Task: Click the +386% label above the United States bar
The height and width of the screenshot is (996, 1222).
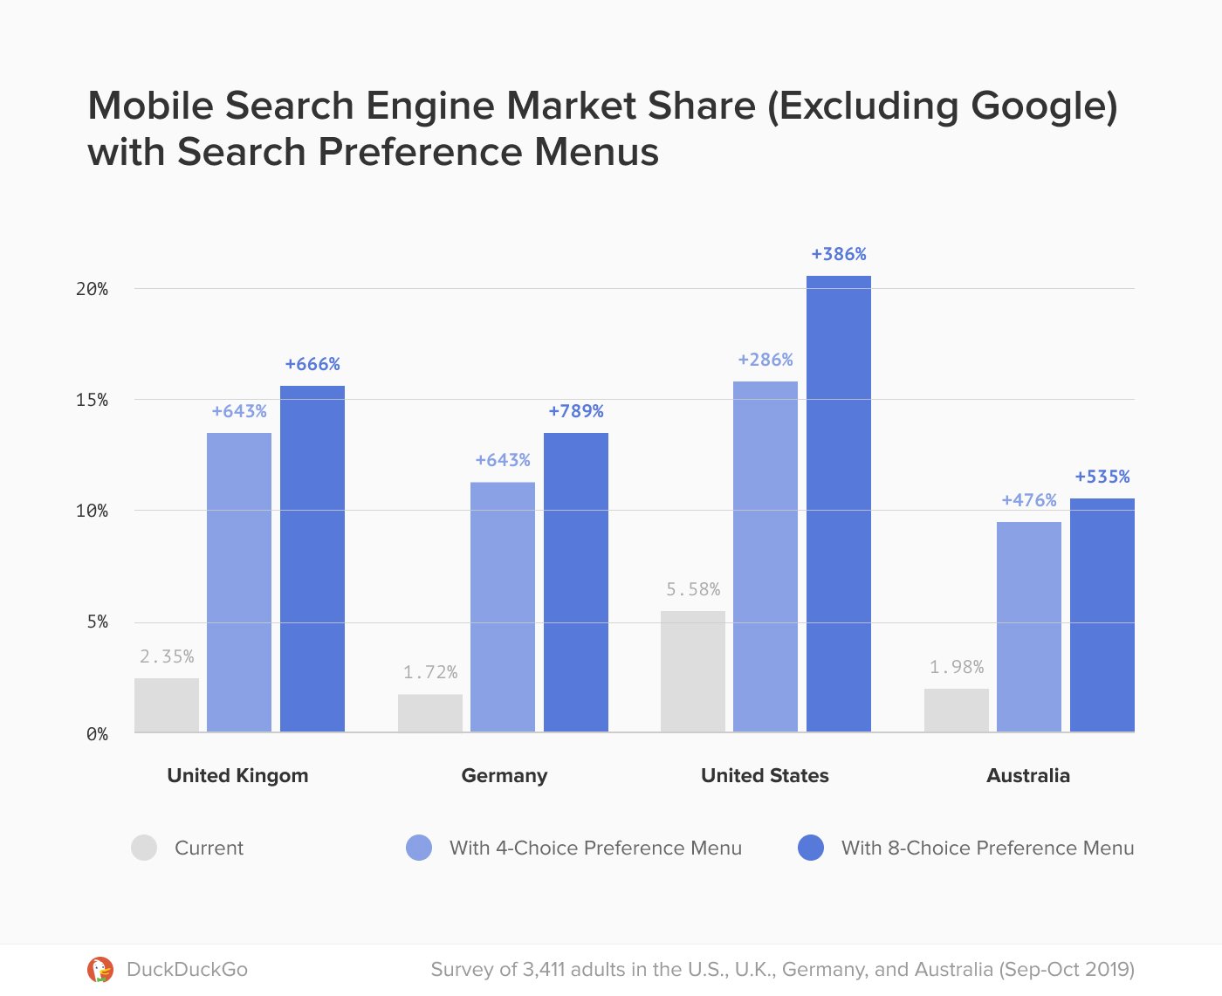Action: [838, 254]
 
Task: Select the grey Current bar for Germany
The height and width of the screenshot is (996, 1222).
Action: [429, 712]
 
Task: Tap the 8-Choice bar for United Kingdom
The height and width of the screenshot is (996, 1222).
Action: [312, 559]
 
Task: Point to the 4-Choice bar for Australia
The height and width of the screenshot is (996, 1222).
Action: [1028, 626]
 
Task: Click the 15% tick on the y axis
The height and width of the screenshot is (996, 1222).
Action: [92, 400]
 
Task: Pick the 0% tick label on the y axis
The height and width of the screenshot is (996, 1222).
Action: [97, 734]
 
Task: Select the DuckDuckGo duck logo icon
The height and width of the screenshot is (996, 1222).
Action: [100, 969]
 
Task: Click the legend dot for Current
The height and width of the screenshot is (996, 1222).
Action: [144, 848]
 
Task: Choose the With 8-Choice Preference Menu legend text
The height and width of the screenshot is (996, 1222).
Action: [987, 848]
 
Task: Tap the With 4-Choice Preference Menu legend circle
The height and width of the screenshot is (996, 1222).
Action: [419, 848]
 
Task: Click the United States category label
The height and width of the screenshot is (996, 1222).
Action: [765, 775]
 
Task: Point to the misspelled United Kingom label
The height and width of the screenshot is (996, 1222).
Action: [237, 775]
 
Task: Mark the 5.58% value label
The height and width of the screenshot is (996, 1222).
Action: [693, 589]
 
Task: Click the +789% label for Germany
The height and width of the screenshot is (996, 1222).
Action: [575, 411]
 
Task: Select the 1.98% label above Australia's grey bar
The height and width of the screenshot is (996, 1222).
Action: [956, 667]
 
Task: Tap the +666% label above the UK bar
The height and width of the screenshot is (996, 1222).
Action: [312, 364]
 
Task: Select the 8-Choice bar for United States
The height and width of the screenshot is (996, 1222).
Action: [838, 504]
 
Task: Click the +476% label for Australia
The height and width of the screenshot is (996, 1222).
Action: [1028, 500]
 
